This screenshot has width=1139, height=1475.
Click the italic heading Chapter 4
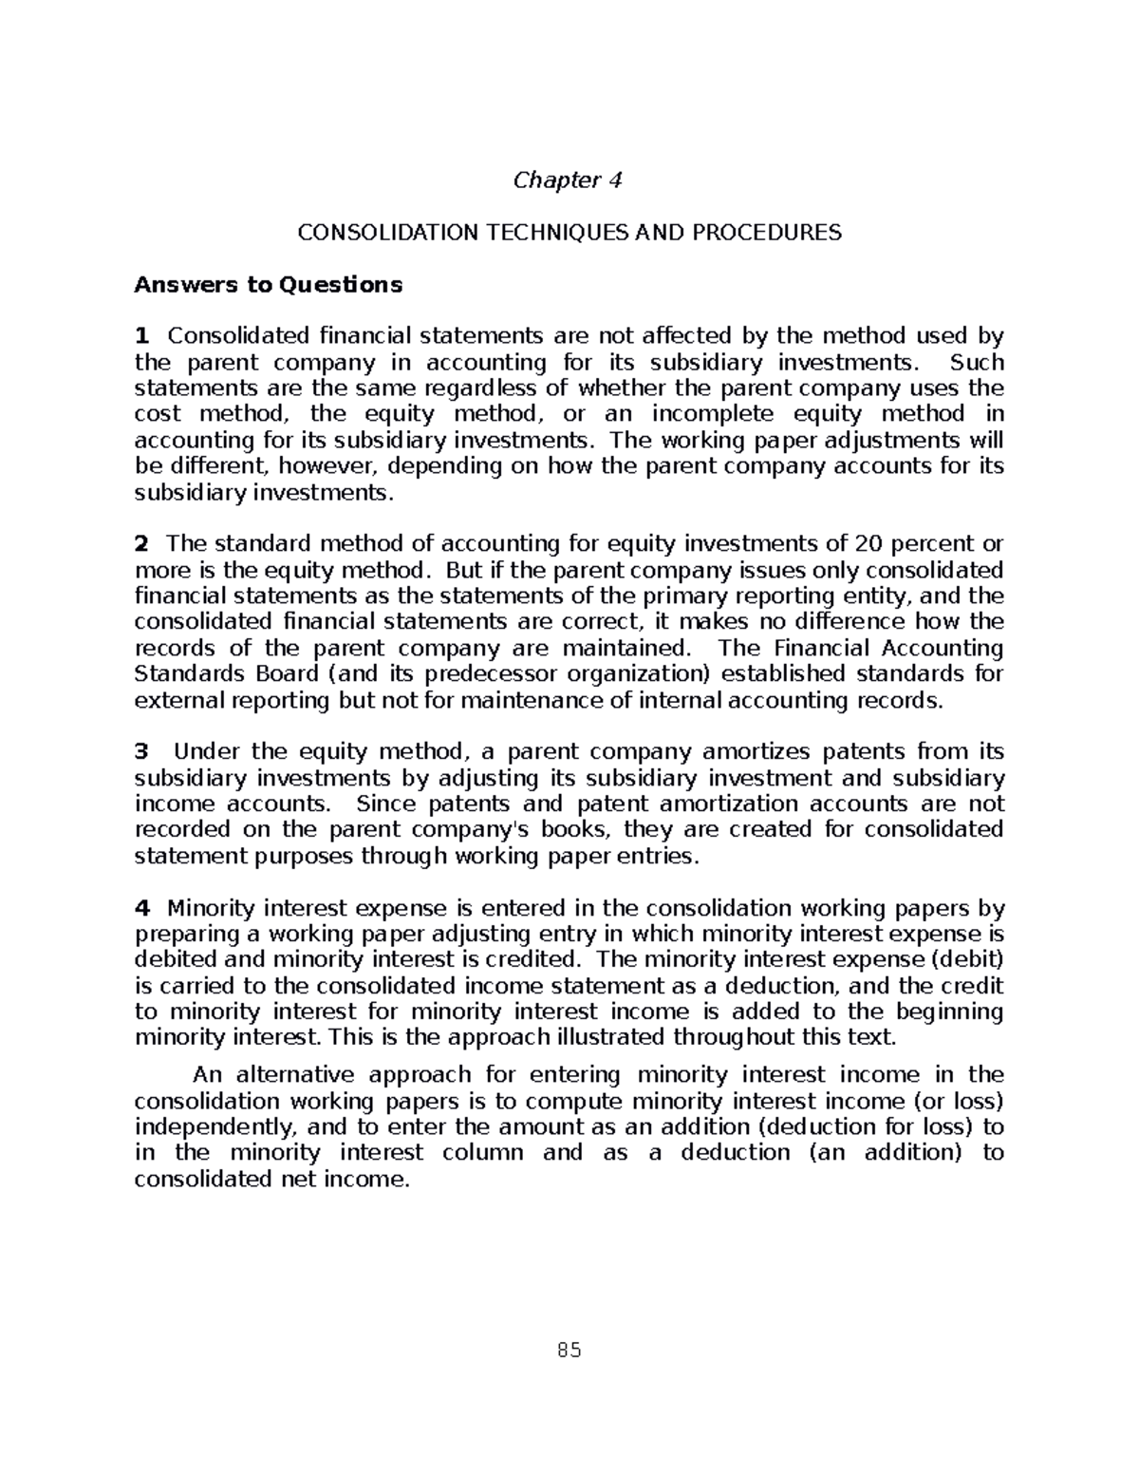[568, 180]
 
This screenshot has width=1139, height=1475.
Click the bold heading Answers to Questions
[269, 285]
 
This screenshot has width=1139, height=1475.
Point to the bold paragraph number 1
[142, 336]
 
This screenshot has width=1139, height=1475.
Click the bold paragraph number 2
[142, 544]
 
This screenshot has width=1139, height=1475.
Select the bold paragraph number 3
[142, 752]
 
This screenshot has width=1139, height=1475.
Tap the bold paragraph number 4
[142, 908]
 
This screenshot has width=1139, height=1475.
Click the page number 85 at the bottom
[569, 1351]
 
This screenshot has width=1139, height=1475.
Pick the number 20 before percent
[868, 544]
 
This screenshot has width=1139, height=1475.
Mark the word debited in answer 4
[171, 960]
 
